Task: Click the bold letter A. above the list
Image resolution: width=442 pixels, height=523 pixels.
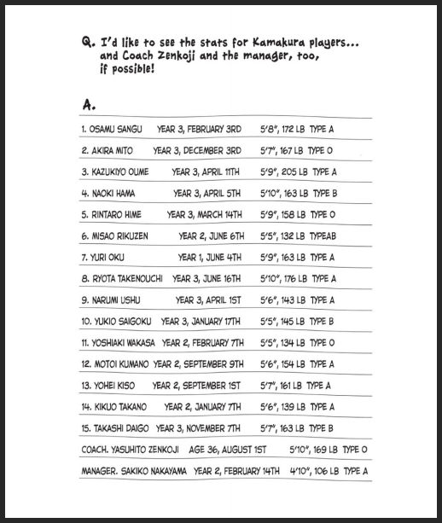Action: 88,104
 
